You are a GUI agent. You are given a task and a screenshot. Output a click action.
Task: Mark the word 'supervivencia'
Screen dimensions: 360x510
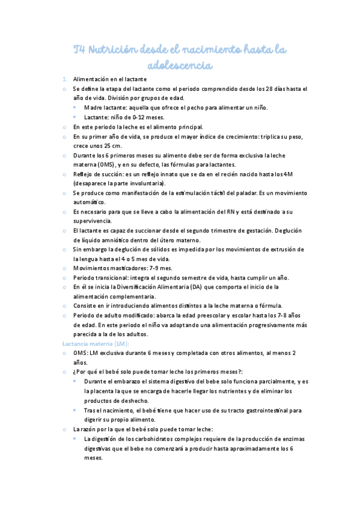click(92, 222)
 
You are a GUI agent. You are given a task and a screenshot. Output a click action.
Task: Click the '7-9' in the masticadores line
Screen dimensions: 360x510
click(148, 268)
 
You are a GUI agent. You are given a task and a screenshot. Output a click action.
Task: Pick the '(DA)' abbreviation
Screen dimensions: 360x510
click(220, 287)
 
